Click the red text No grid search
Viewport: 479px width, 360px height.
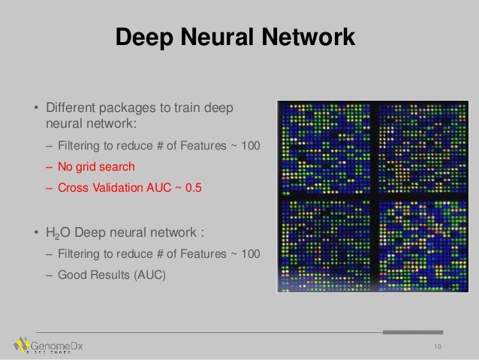pyautogui.click(x=97, y=166)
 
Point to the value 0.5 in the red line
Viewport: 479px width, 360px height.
pyautogui.click(x=194, y=188)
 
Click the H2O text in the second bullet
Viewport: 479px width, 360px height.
pyautogui.click(x=57, y=233)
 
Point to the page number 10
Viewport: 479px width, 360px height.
pyautogui.click(x=435, y=346)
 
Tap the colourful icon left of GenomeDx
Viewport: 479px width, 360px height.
pyautogui.click(x=21, y=345)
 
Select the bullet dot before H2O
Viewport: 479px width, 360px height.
pyautogui.click(x=35, y=233)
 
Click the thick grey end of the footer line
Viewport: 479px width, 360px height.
pyautogui.click(x=412, y=331)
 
